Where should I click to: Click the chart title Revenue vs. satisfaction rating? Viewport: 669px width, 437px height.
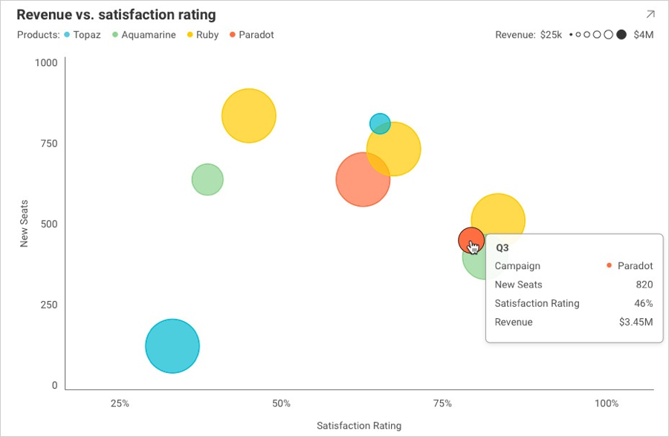pos(116,15)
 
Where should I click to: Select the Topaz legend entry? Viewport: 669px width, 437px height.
pos(83,35)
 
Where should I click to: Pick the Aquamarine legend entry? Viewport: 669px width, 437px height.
pos(143,35)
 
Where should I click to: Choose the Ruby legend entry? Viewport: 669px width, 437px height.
pos(202,35)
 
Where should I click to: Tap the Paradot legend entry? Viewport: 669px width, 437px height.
pos(252,35)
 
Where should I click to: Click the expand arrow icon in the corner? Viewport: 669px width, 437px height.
pos(650,14)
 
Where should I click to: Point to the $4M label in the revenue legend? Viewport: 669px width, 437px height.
pos(644,35)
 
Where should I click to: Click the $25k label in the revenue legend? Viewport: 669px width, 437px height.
pos(551,35)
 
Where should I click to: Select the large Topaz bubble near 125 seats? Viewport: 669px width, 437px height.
pos(172,346)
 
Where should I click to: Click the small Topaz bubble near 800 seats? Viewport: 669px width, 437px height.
pos(380,123)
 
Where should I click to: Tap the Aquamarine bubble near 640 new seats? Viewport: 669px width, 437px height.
pos(207,179)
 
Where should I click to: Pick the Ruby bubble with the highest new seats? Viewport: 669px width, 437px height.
pos(249,116)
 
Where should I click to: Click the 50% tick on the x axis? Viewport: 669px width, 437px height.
pos(281,404)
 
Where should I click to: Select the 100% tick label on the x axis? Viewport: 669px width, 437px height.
pos(607,404)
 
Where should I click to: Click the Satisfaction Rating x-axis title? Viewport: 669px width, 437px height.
pos(359,426)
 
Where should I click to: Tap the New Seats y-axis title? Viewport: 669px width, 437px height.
pos(24,224)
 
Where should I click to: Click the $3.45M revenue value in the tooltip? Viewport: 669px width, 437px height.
pos(636,323)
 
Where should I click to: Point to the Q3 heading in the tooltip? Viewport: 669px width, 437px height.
pos(502,247)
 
